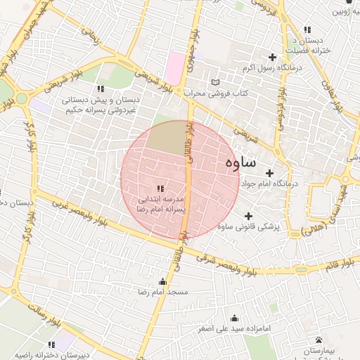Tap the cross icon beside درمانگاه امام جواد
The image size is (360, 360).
tap(270, 172)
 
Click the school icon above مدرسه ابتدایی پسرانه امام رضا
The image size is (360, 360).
tap(160, 188)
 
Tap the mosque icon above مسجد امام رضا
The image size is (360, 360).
tap(163, 281)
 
